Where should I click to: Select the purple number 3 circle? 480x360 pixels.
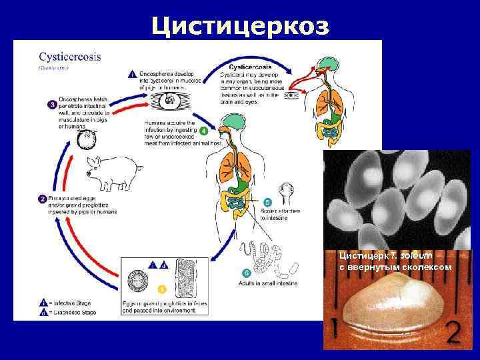tap(52, 105)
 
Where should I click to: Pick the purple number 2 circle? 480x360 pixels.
tap(41, 199)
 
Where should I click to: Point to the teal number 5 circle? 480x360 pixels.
tap(267, 202)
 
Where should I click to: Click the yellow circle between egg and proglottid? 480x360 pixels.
tap(160, 289)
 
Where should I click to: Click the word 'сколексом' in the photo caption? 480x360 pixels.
tap(424, 267)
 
